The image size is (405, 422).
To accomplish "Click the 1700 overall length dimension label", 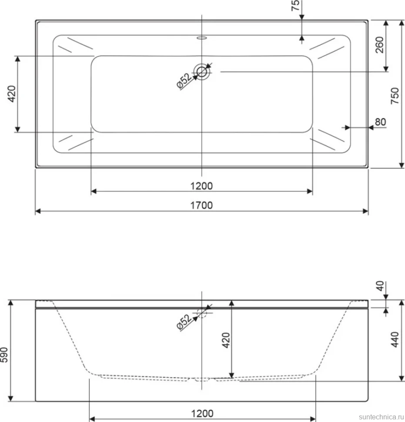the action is [201, 205].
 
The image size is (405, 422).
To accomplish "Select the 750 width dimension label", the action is [395, 96].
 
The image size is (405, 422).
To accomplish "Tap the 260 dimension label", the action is [379, 45].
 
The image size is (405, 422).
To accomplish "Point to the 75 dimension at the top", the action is [295, 5].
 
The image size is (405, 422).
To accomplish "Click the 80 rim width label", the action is [380, 122].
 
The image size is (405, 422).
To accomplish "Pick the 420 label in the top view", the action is [12, 94].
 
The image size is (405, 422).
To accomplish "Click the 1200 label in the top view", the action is [201, 186].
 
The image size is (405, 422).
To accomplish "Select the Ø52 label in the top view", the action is [184, 81].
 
